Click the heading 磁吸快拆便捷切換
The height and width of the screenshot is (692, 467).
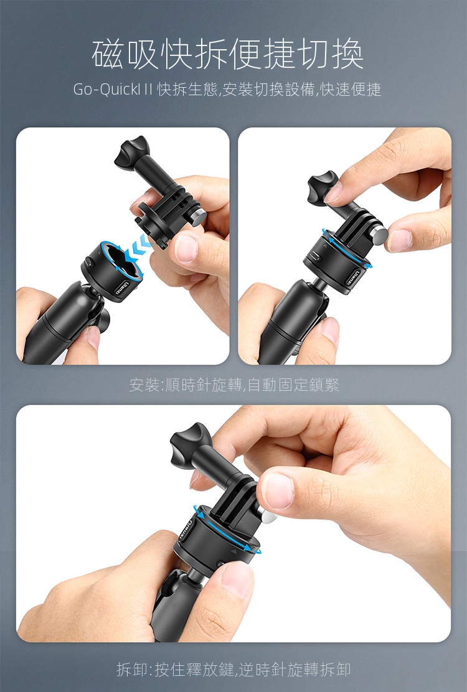click(228, 54)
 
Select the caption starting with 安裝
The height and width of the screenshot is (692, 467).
click(234, 385)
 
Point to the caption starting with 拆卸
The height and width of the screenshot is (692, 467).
click(233, 670)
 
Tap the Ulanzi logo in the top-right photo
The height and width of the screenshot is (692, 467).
click(354, 278)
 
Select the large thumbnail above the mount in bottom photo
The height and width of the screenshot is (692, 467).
click(278, 489)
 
